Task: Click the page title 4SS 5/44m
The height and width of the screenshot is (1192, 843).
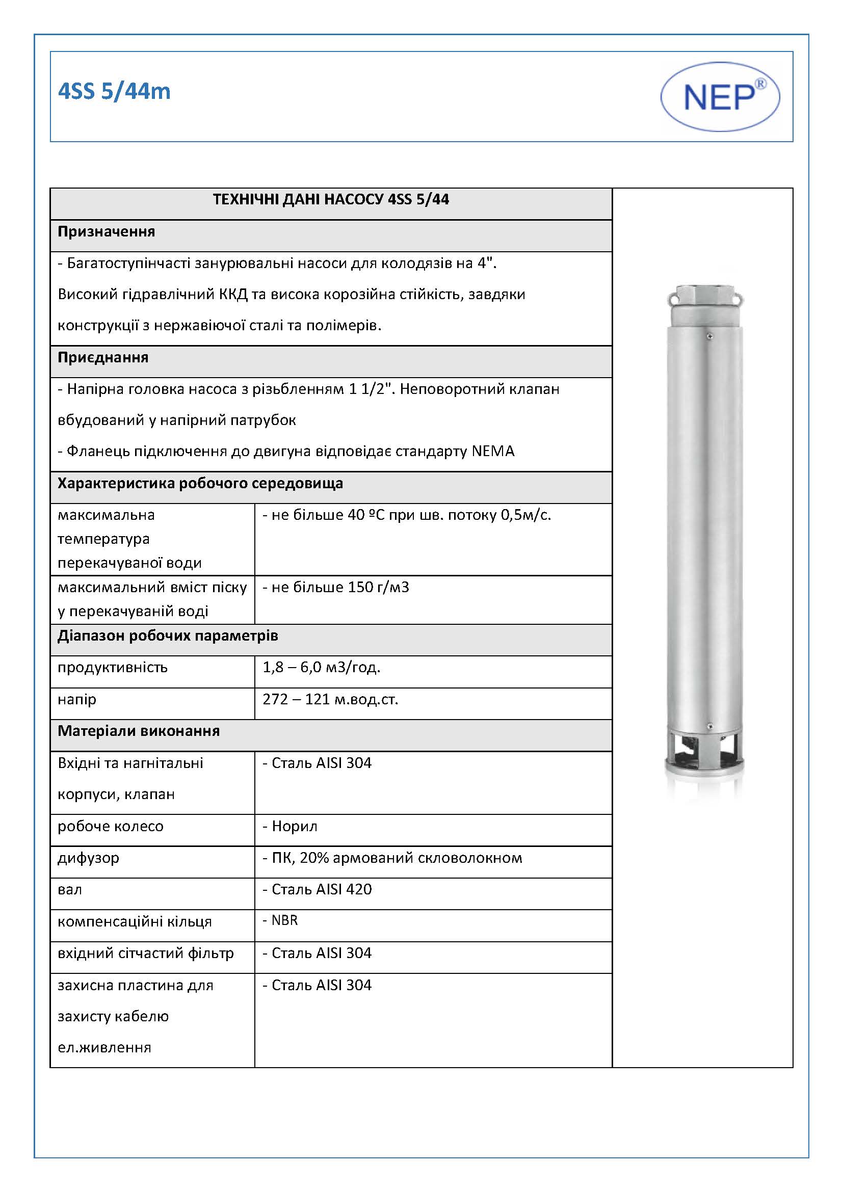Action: [114, 91]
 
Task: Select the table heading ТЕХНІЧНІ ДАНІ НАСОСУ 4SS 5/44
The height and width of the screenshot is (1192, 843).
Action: [331, 200]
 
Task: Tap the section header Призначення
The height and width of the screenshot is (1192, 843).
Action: [107, 231]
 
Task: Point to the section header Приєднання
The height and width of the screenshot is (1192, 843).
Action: [103, 358]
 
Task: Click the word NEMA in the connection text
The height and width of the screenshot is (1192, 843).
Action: [493, 451]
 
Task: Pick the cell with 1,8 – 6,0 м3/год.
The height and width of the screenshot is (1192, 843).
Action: [321, 668]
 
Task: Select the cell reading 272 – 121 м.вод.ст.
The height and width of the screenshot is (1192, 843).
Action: [330, 700]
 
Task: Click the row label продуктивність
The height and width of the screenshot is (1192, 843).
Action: [113, 668]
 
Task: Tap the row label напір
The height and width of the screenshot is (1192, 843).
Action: [77, 700]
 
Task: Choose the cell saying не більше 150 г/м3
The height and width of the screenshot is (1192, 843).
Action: [336, 588]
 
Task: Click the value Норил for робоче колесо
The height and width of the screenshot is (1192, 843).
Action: [294, 827]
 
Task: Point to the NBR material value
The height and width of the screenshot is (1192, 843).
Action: [284, 920]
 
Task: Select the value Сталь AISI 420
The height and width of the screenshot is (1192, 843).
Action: [321, 889]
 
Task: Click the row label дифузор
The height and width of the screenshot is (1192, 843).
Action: [88, 858]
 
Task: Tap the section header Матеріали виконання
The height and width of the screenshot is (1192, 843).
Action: [139, 731]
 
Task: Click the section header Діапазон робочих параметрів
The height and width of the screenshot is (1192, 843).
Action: [168, 636]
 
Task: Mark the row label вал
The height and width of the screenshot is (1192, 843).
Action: [69, 890]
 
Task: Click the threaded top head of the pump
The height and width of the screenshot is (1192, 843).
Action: [704, 302]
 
